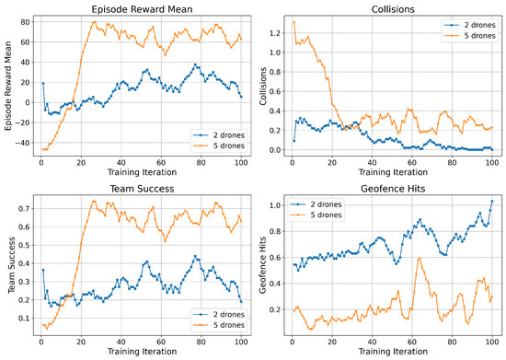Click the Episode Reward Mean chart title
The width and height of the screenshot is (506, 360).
142,9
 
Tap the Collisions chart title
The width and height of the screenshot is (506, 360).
393,9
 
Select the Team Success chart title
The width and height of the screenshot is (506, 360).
142,189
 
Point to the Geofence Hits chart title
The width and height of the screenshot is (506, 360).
393,189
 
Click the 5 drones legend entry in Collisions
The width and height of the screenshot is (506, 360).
469,36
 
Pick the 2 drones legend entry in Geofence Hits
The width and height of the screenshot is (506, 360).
316,204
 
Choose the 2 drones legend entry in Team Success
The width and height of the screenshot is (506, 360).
219,315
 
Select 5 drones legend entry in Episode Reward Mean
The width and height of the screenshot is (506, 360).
219,145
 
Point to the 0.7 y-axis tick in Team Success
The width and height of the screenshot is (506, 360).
24,209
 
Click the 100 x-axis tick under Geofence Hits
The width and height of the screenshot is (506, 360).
492,342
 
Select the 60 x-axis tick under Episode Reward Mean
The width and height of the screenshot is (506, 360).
161,162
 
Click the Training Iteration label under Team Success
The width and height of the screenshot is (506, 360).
142,352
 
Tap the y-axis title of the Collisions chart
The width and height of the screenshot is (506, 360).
263,86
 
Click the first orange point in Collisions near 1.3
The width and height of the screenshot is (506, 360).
294,22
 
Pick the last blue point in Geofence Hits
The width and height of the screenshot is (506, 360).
492,201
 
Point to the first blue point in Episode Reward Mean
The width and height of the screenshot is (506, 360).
43,83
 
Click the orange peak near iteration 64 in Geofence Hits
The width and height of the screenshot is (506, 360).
420,259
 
